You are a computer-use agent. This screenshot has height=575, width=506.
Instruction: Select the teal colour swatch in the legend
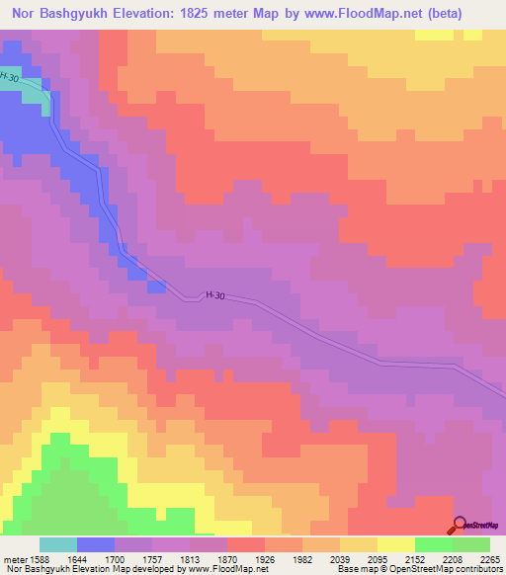click(x=58, y=544)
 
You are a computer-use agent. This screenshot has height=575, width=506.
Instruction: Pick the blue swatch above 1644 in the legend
click(x=96, y=544)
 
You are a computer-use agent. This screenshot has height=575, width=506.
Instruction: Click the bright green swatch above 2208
click(x=434, y=544)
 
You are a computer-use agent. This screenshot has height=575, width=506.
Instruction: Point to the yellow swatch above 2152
click(x=396, y=544)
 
